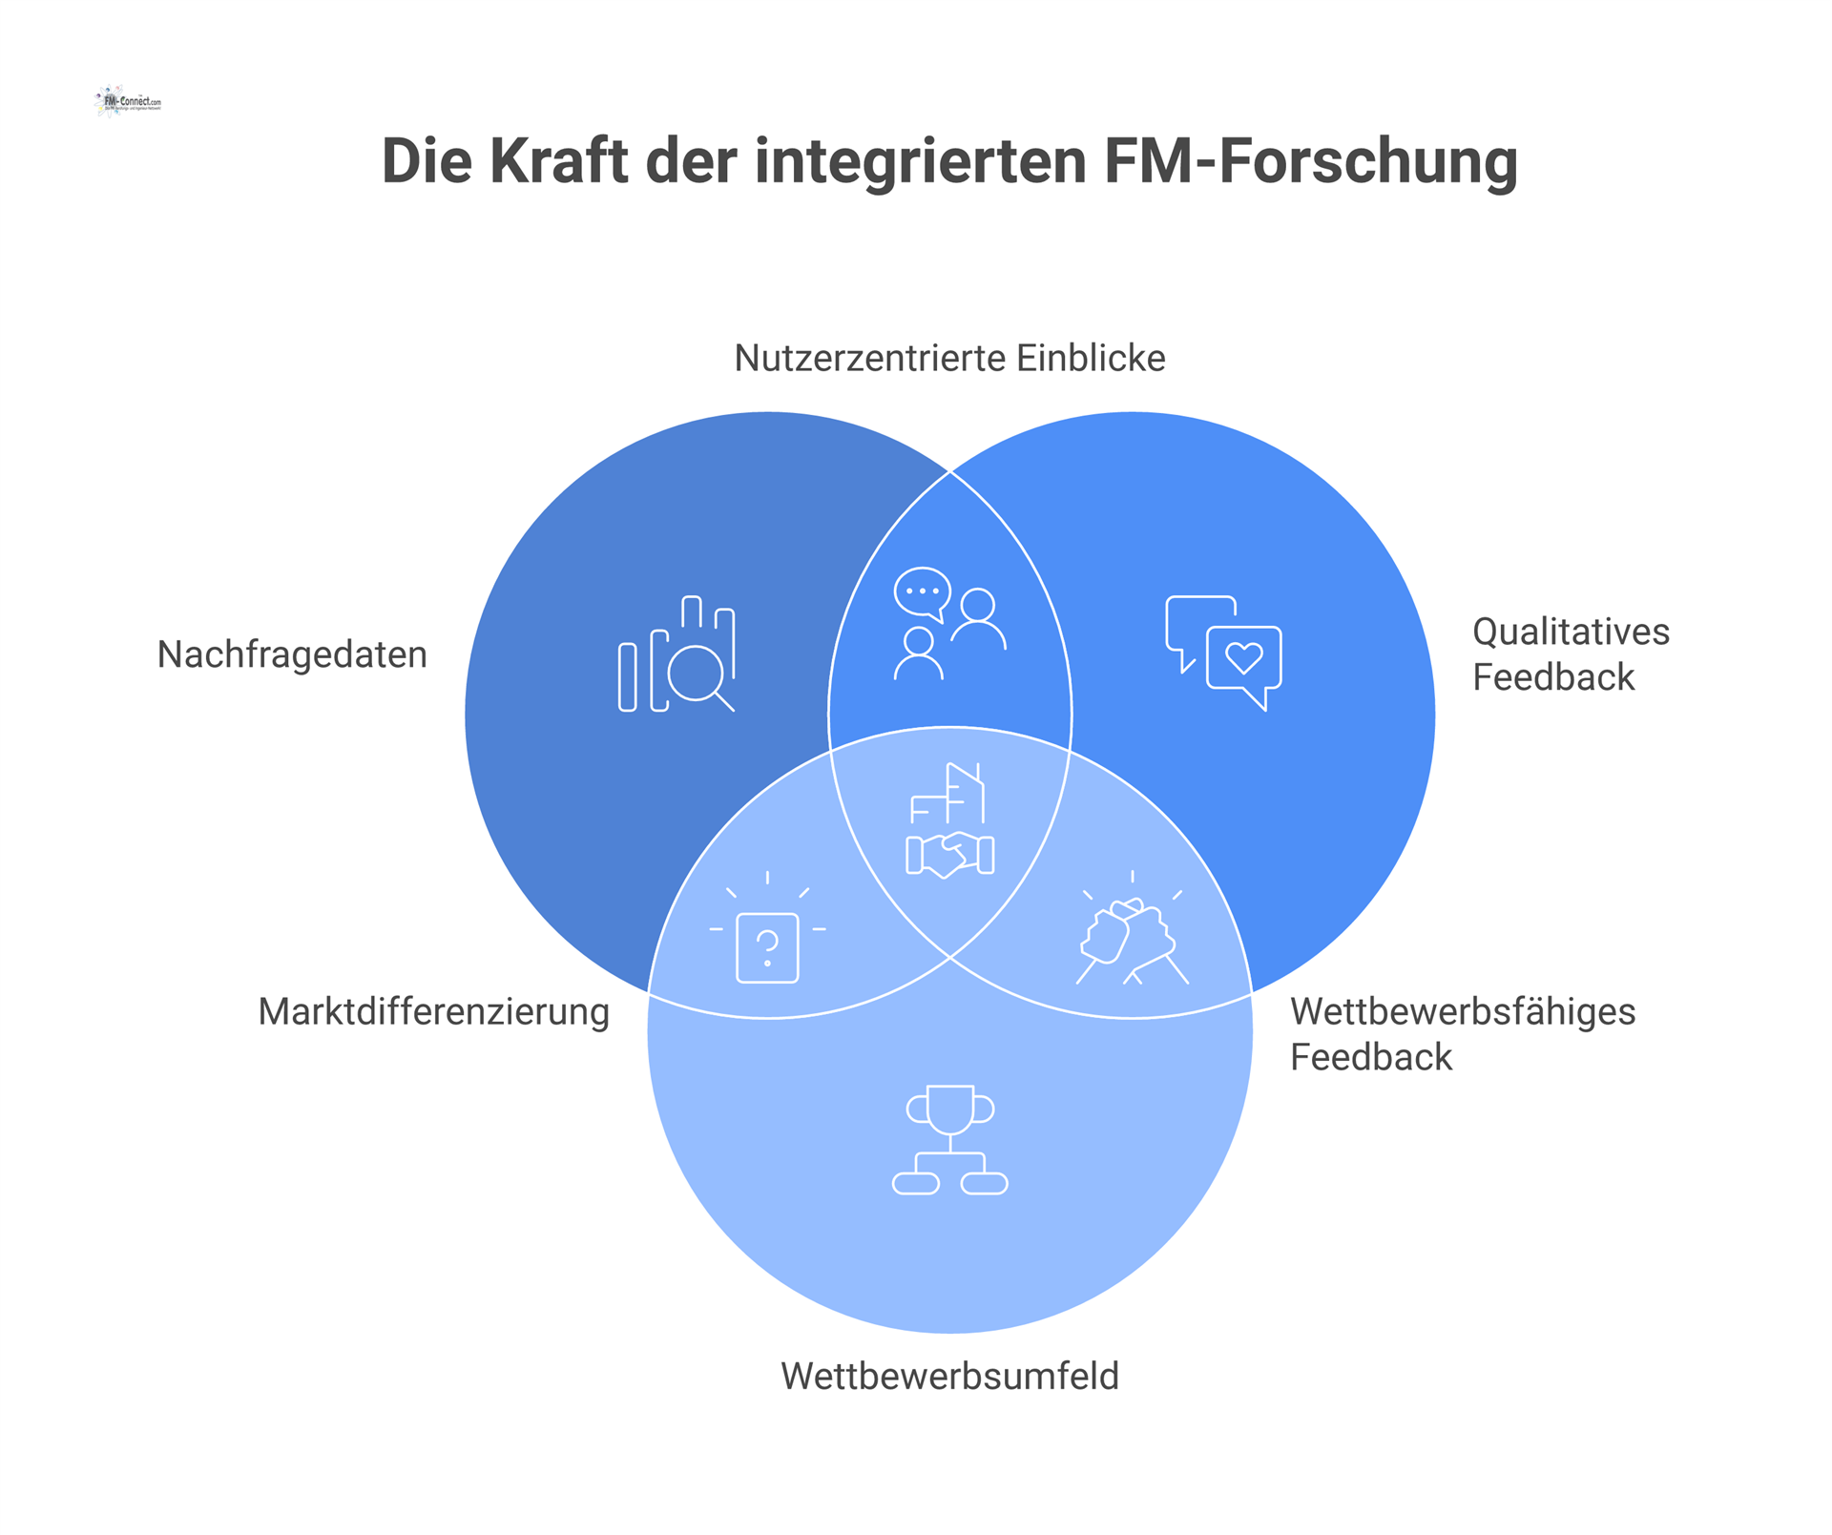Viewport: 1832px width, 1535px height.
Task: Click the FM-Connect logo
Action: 129,101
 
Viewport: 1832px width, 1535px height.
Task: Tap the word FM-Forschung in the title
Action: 1310,162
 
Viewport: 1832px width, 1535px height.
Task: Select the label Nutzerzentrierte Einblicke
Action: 949,359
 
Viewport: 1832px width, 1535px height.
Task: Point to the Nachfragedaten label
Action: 292,655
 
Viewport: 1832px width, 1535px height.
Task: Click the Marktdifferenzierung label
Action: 433,1012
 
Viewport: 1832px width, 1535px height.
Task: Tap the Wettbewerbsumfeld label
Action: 949,1377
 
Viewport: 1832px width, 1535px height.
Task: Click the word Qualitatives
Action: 1571,633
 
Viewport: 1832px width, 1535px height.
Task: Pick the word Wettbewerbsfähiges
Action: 1463,1012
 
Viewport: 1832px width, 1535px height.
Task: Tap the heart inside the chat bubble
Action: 1244,657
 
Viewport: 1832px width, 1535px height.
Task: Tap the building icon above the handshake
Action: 949,793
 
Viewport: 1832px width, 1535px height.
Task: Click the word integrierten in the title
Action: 922,162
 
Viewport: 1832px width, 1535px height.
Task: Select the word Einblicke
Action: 1090,359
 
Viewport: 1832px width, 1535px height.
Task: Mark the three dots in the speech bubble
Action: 922,591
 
